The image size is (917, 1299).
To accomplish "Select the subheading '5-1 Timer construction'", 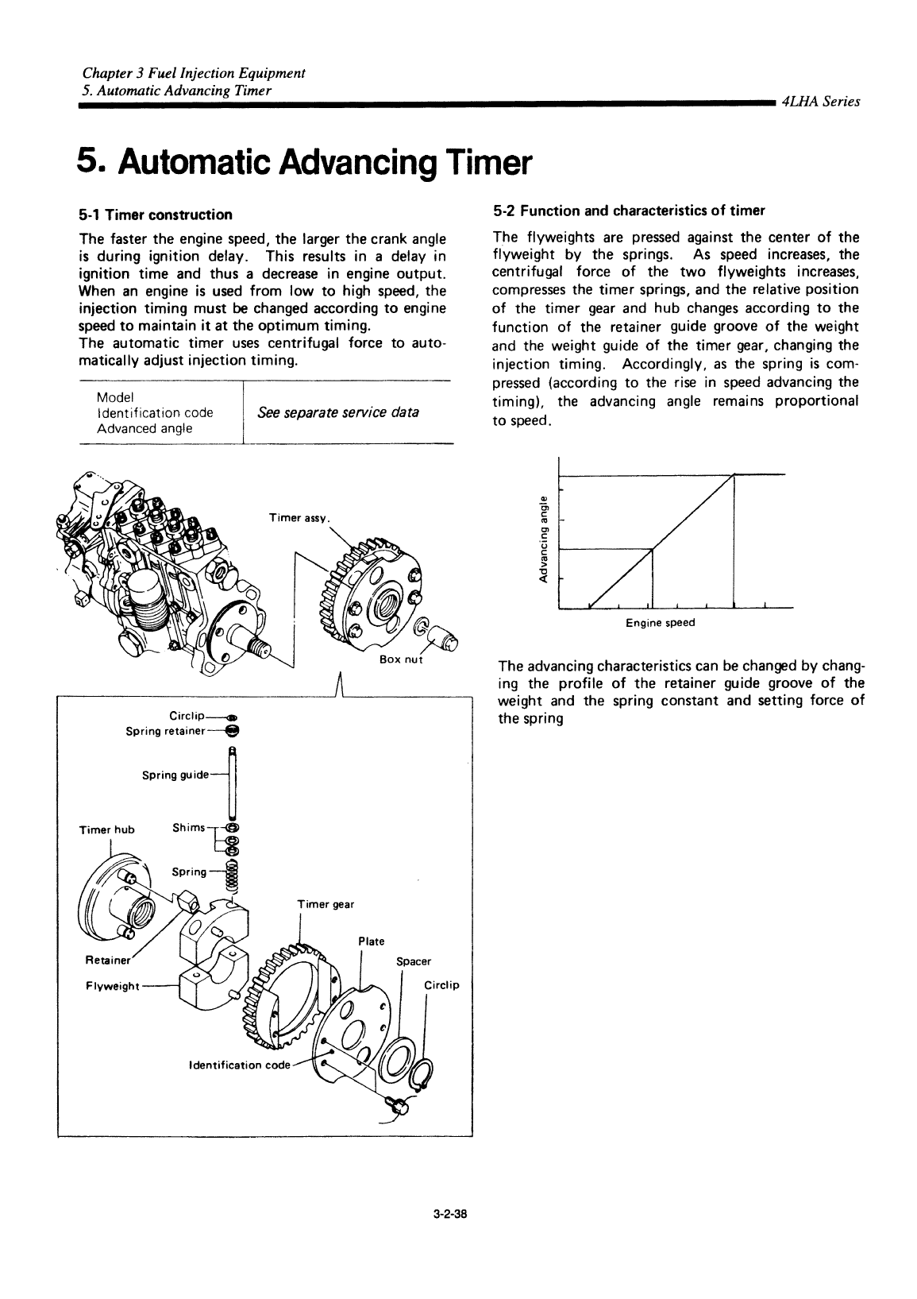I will [x=156, y=215].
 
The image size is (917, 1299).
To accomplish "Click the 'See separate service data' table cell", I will [x=338, y=413].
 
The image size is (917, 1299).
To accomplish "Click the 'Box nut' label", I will [x=403, y=661].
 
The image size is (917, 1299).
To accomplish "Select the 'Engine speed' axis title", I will [x=660, y=623].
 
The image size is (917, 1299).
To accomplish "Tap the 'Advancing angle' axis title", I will [x=543, y=539].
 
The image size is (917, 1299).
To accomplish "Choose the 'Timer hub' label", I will [x=107, y=830].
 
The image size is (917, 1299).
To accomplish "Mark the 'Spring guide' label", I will [x=175, y=775].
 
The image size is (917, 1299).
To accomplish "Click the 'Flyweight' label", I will [x=112, y=987].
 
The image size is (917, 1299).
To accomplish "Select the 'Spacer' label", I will [x=413, y=961].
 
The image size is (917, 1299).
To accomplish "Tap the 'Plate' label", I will [x=372, y=941].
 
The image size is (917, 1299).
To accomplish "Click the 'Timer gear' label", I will [x=326, y=904].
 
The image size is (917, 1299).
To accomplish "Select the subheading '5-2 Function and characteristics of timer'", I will [x=628, y=211].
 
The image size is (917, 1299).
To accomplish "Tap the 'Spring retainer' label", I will [x=166, y=731].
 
